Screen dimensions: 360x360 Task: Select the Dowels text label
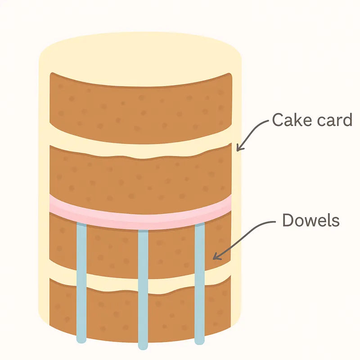point(310,220)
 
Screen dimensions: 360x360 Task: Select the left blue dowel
point(81,279)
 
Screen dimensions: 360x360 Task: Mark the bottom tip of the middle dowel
point(143,347)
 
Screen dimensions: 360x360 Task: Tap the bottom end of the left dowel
point(81,340)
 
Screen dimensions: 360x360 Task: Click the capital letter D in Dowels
point(288,220)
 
